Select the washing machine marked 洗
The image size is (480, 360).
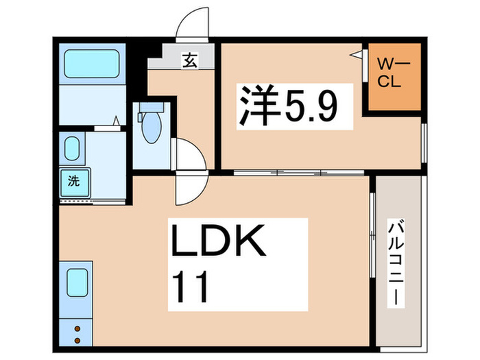point(73,182)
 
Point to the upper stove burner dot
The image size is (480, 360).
point(77,329)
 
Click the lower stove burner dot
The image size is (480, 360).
point(77,340)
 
